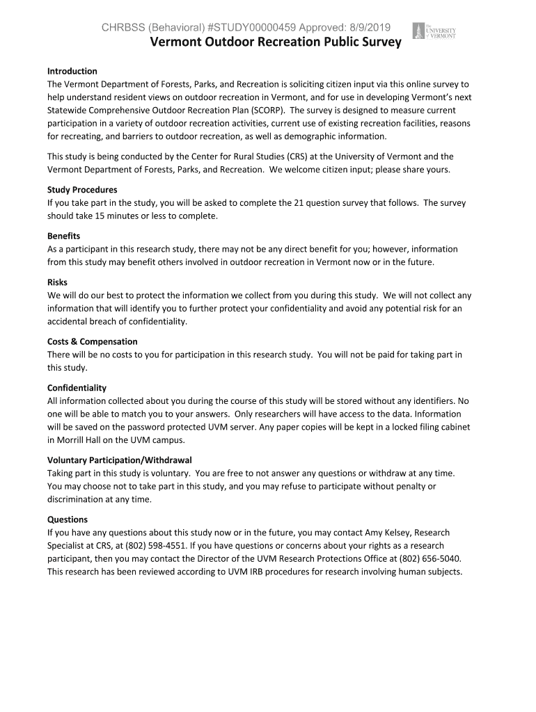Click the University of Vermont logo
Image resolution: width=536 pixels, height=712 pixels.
434,31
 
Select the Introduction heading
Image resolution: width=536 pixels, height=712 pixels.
72,71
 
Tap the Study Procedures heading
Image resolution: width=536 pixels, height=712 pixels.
82,190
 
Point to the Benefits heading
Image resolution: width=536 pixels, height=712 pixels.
63,236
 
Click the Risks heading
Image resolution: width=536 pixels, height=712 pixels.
57,282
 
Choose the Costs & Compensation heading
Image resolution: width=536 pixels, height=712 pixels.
93,341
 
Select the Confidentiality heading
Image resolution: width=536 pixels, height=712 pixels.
77,388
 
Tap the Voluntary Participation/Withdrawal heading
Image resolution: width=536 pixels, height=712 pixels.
120,460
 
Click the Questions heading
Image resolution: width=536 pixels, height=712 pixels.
68,519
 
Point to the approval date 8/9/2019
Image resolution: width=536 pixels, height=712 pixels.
366,28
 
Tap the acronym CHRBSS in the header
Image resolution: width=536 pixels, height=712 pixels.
121,28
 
